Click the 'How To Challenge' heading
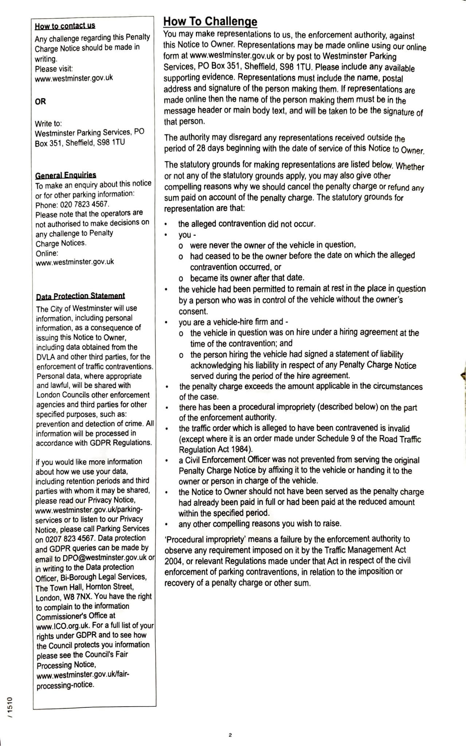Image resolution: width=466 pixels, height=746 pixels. (210, 21)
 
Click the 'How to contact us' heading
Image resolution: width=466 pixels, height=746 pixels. (65, 26)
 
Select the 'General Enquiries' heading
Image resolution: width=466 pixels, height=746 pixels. (66, 175)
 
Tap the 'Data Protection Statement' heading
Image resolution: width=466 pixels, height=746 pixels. (80, 296)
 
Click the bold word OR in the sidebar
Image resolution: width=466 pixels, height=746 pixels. (40, 102)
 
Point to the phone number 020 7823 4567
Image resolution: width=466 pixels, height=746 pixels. (84, 204)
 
